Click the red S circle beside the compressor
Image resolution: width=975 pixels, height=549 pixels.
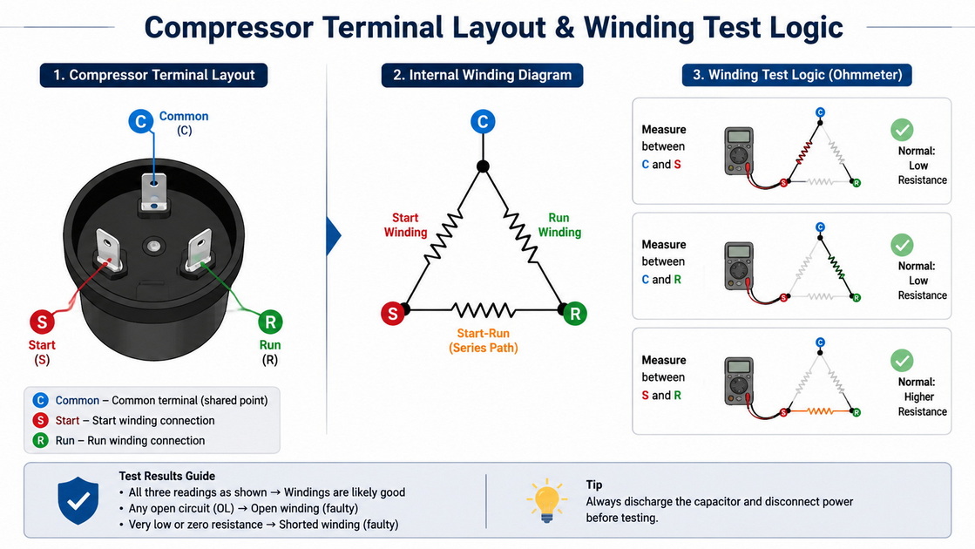43,322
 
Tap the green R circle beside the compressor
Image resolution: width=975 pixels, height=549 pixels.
270,322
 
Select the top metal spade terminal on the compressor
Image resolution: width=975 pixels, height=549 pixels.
154,193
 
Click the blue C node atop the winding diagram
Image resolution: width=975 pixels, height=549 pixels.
484,121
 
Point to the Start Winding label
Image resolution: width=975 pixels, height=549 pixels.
405,225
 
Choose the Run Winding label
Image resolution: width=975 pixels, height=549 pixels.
559,225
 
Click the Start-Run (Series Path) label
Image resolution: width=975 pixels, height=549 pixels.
484,341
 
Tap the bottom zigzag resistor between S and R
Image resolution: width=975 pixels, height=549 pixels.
484,309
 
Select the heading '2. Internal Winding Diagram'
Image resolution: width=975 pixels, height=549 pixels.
482,75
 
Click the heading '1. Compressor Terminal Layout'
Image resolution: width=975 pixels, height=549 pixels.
153,75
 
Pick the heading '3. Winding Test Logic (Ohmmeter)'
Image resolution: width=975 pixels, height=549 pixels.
797,75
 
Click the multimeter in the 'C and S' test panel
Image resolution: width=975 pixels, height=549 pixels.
739,151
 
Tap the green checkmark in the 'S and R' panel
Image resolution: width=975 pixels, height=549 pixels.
902,361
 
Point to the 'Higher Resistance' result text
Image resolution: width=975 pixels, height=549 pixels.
922,404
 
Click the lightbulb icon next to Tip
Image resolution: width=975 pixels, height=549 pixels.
546,500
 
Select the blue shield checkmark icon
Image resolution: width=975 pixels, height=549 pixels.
78,500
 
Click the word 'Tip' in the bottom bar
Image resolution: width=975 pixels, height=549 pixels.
594,485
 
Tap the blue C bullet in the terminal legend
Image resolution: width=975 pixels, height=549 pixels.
40,400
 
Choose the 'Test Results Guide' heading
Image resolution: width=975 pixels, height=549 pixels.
167,477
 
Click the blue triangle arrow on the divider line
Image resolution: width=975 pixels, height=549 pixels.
334,236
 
